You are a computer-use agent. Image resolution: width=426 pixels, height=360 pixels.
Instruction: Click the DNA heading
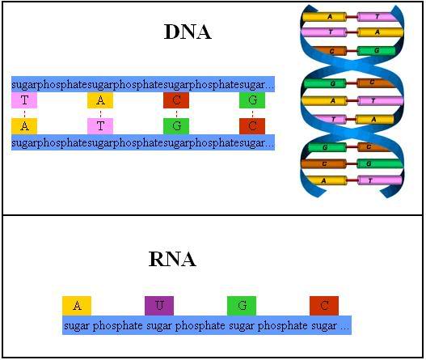[187, 32]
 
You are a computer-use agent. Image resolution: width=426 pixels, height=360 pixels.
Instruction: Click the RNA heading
[172, 260]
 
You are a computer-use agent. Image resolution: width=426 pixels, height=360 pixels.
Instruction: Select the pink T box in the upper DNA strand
[24, 100]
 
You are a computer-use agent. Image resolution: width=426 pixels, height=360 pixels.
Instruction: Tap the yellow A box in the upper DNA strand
[100, 100]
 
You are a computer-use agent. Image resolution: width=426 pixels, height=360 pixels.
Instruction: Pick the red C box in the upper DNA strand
[175, 100]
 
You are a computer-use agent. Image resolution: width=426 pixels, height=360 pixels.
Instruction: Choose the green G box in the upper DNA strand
[252, 100]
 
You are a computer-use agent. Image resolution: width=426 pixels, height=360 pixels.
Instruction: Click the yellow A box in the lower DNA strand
[24, 126]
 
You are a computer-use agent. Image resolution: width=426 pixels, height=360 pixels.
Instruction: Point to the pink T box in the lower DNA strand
[100, 126]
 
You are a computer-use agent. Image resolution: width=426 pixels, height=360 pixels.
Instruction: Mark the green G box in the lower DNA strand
[175, 126]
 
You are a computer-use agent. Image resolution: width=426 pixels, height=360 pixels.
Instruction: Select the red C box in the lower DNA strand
[252, 126]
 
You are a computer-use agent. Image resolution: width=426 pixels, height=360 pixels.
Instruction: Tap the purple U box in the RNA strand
[159, 306]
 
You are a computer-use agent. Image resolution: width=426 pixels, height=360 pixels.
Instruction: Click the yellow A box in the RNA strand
[77, 306]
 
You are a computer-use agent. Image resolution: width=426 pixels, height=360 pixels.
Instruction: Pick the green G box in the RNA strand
[242, 306]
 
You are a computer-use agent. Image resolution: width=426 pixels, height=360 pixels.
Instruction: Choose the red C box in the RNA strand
[323, 306]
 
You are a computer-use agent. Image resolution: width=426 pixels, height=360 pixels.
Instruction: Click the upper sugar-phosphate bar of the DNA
[143, 84]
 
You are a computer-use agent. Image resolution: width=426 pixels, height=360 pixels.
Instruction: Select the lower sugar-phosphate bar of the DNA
[143, 142]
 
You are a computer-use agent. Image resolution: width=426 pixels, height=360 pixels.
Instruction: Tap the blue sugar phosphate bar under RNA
[207, 325]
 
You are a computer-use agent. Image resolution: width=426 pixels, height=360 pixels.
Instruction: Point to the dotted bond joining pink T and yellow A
[24, 113]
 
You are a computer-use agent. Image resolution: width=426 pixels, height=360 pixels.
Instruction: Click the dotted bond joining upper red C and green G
[175, 113]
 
